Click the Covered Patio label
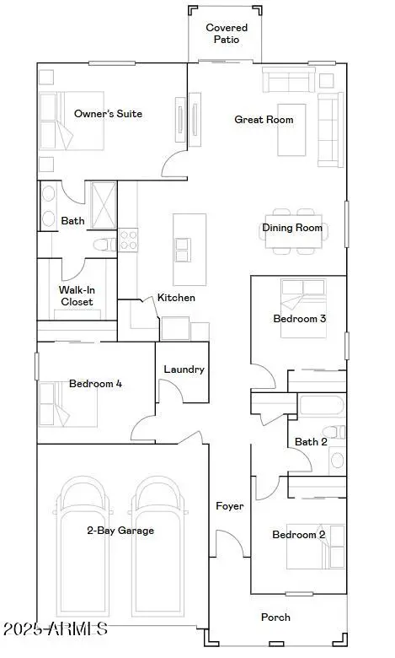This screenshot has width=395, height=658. click(x=227, y=34)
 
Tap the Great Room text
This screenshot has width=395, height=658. click(x=264, y=120)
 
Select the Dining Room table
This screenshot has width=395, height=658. click(x=294, y=231)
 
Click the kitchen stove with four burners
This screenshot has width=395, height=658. click(x=128, y=240)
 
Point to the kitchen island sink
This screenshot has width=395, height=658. click(x=183, y=250)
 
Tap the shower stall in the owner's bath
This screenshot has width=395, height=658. click(x=104, y=205)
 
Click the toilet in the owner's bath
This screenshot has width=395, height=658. click(x=104, y=245)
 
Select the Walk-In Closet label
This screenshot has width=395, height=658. click(x=77, y=296)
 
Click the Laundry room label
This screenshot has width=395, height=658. click(x=184, y=369)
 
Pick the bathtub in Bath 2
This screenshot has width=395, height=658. click(x=322, y=406)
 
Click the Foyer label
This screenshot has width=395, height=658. click(x=230, y=506)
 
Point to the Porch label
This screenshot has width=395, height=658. click(x=275, y=618)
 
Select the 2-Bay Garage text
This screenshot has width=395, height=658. click(x=120, y=531)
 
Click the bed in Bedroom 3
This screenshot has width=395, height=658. click(x=303, y=309)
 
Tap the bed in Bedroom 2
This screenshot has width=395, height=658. click(x=316, y=547)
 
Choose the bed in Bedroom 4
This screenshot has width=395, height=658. click(x=68, y=405)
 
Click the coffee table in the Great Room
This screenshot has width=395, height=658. click(x=291, y=130)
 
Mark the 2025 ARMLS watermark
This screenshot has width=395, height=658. click(x=56, y=628)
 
